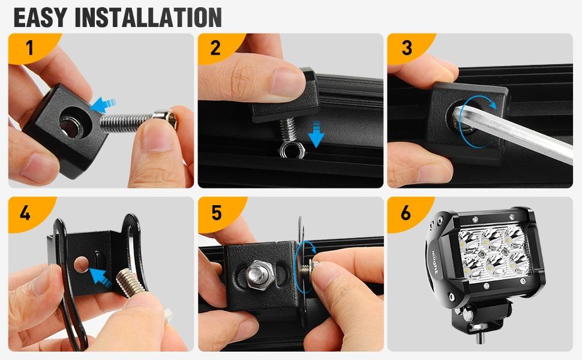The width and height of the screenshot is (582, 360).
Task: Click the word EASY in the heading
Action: (40, 17)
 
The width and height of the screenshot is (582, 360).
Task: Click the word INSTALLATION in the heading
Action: (148, 17)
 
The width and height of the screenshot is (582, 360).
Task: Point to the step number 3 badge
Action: (407, 48)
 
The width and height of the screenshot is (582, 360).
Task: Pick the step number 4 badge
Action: (26, 212)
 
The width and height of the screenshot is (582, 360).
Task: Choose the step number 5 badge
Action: (217, 212)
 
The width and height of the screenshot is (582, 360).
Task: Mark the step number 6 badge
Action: (406, 212)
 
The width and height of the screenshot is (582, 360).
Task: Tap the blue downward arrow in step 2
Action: (316, 134)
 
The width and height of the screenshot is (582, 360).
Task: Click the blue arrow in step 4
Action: (99, 278)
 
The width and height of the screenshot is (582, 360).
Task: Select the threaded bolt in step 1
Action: (138, 121)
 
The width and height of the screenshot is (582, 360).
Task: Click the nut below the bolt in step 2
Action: (292, 149)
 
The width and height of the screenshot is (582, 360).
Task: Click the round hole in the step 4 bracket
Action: (81, 264)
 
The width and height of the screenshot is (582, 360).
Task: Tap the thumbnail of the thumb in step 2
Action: (287, 82)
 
